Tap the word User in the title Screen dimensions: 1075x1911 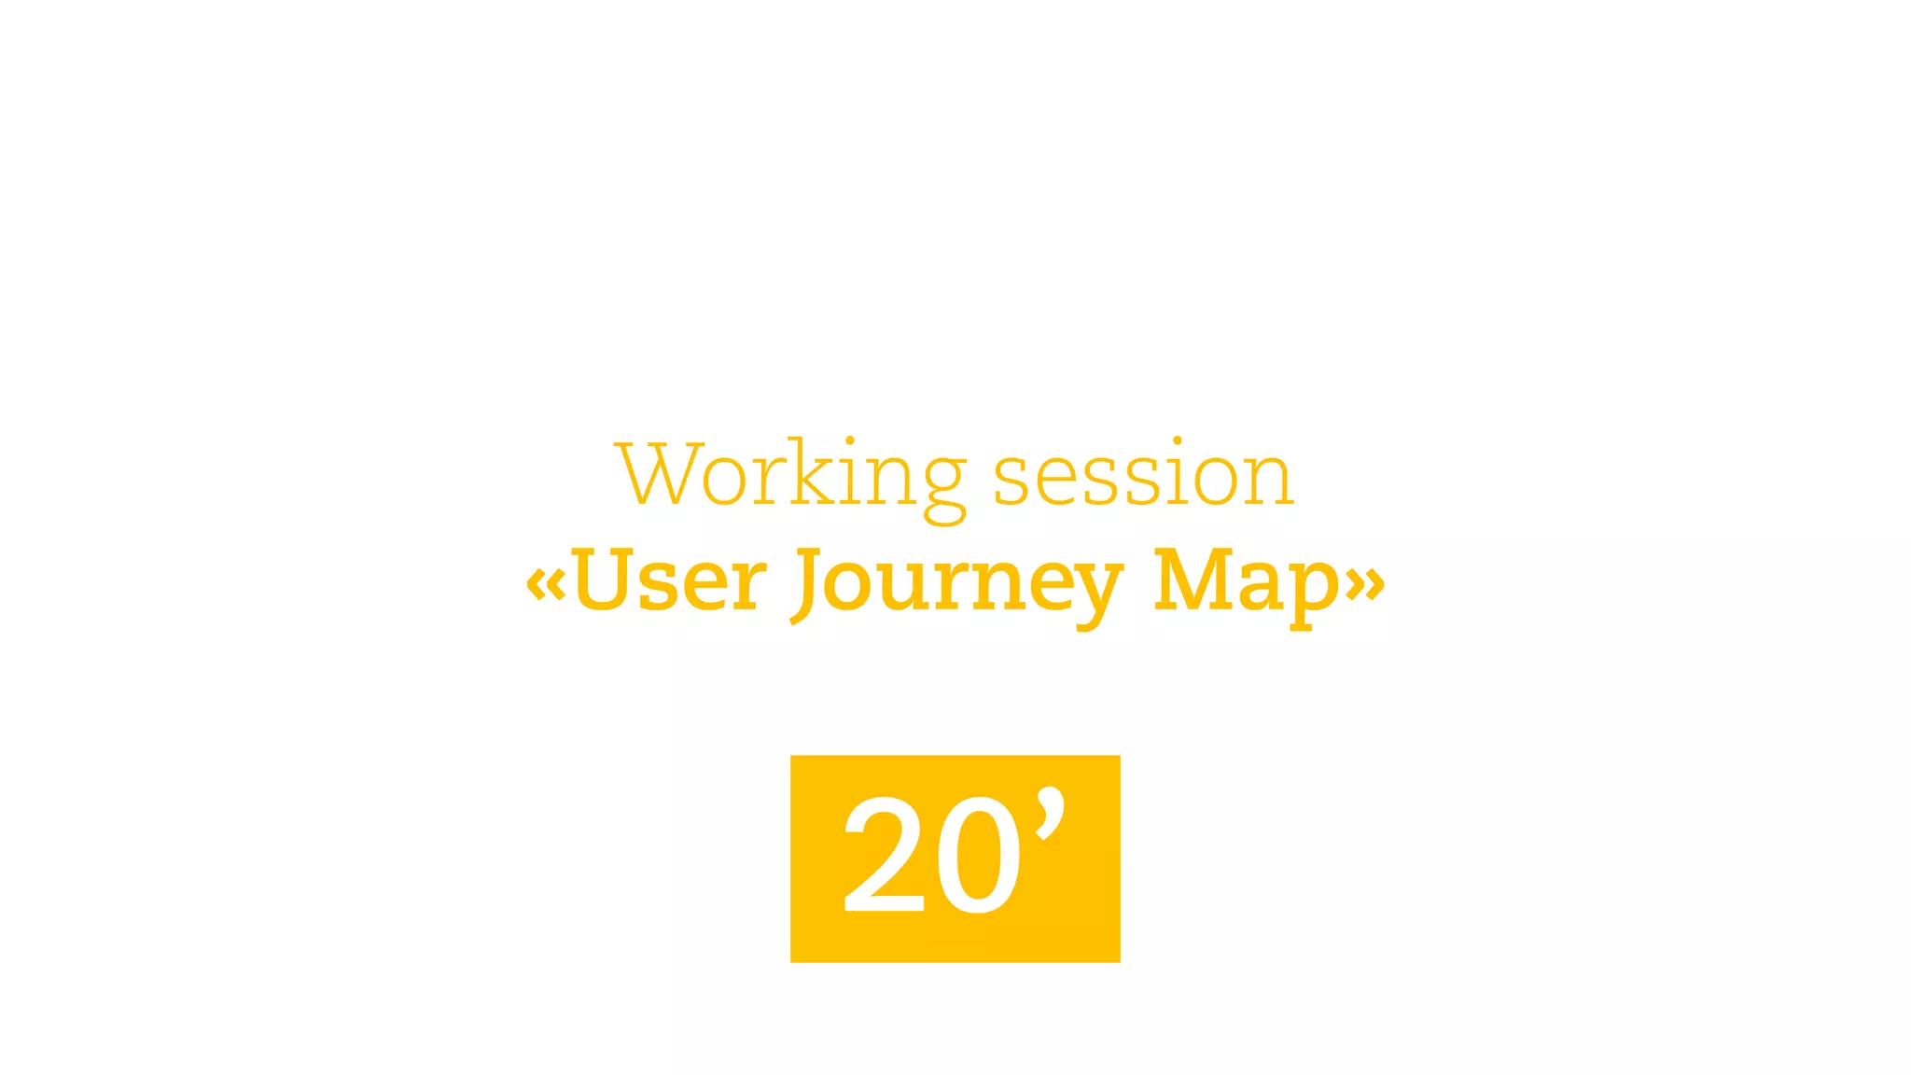tap(669, 580)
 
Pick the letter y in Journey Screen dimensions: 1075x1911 tap(1094, 593)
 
